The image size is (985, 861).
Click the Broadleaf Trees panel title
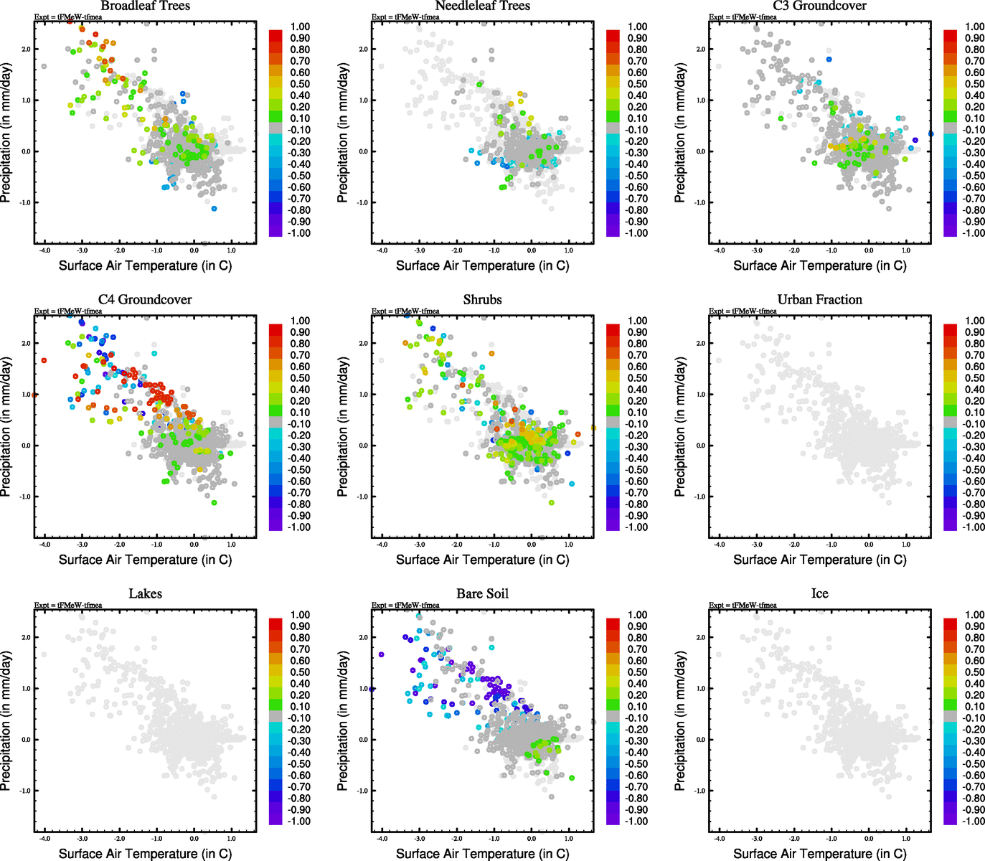point(145,6)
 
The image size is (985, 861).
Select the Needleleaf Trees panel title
point(482,6)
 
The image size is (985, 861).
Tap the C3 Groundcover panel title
point(819,6)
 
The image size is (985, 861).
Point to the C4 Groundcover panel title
point(145,299)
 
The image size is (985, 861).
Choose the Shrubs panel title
point(482,299)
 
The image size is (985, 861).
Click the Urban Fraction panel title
point(819,299)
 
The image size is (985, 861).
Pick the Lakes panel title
point(145,593)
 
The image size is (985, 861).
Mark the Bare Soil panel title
point(482,593)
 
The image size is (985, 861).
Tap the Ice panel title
point(819,593)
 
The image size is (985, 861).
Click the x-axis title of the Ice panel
point(819,853)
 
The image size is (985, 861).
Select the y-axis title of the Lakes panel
point(6,721)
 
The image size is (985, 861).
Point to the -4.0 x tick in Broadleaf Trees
point(44,250)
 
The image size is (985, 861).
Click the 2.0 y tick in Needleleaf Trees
point(363,50)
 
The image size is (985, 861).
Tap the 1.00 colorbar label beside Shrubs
point(638,321)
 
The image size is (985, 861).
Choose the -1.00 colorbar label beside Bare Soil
point(638,821)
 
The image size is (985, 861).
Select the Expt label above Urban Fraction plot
point(743,311)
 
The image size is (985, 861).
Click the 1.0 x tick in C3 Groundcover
point(906,250)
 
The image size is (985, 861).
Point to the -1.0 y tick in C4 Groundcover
point(26,497)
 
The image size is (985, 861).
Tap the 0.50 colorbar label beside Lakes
point(301,672)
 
